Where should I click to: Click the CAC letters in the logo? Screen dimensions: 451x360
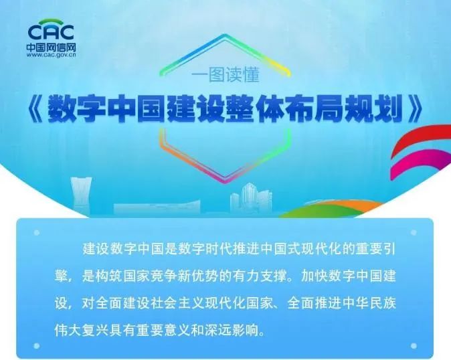pos(51,32)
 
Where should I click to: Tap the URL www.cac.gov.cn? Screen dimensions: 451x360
pos(52,55)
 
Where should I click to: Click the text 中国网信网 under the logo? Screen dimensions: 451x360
pos(52,48)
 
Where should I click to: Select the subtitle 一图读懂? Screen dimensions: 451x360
pos(225,75)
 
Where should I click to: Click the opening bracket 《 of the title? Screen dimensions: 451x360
pos(36,109)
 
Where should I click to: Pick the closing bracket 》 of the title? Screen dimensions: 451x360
pos(415,109)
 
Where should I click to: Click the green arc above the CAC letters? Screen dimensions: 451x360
pos(51,22)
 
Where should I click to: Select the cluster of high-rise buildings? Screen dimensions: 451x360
pos(251,199)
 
